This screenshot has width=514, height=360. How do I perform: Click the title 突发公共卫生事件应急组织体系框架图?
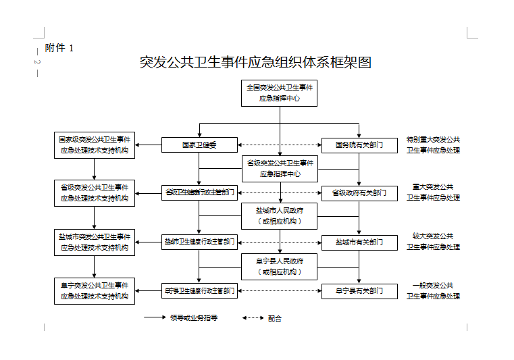[255, 63]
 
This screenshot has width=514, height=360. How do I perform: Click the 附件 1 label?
[59, 47]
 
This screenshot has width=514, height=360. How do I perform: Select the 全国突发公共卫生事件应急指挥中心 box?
[280, 93]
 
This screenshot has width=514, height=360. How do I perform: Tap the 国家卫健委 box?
[199, 145]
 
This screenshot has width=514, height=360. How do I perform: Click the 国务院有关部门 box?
[359, 145]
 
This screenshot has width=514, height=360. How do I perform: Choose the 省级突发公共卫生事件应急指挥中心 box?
[280, 168]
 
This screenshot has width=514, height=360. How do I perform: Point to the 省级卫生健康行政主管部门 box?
[199, 193]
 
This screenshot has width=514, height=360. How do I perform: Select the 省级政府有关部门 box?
[359, 193]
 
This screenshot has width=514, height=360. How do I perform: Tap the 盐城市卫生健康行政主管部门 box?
[199, 242]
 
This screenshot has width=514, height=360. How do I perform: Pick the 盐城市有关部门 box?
[359, 242]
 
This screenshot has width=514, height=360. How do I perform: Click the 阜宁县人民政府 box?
[280, 266]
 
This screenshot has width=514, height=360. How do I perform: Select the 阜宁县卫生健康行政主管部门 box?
[199, 291]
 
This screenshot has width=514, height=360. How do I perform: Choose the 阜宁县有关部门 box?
[359, 291]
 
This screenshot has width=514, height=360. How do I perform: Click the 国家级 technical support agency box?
[95, 145]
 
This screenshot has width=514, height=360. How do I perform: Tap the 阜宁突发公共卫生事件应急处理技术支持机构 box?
[95, 291]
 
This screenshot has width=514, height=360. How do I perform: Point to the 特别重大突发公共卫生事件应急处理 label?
[433, 145]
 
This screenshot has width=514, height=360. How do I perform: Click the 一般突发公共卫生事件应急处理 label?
[433, 291]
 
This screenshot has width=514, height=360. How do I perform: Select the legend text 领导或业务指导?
[193, 317]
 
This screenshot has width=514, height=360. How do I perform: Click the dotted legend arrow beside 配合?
[253, 317]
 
